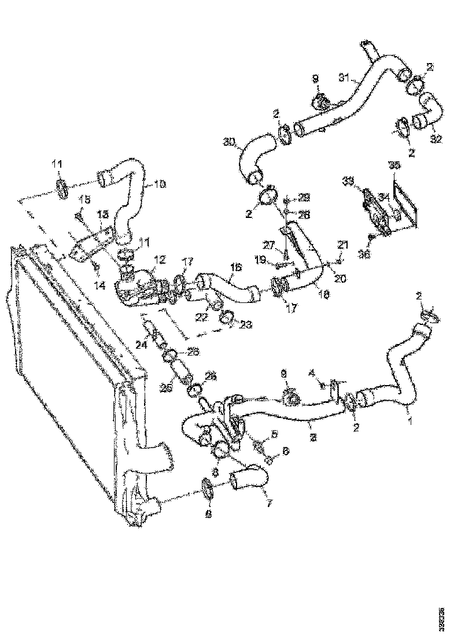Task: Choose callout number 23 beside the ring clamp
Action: pos(245,325)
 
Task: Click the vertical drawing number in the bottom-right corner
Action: pos(441,615)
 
